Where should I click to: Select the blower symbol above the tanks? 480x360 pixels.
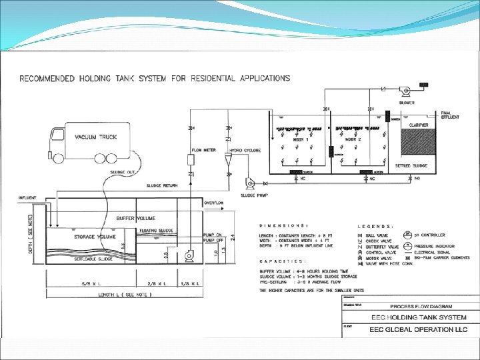(x=404, y=89)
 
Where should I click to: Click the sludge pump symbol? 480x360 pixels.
(x=251, y=182)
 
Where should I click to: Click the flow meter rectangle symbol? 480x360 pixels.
(x=191, y=161)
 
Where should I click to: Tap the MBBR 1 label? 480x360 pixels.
(x=299, y=140)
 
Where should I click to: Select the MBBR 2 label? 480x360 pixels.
(x=353, y=140)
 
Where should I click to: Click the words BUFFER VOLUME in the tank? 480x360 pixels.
(x=135, y=218)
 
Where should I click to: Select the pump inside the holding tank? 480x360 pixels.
(x=187, y=255)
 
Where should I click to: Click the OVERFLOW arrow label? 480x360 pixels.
(x=214, y=202)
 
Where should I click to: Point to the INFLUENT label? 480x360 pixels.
(x=28, y=198)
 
